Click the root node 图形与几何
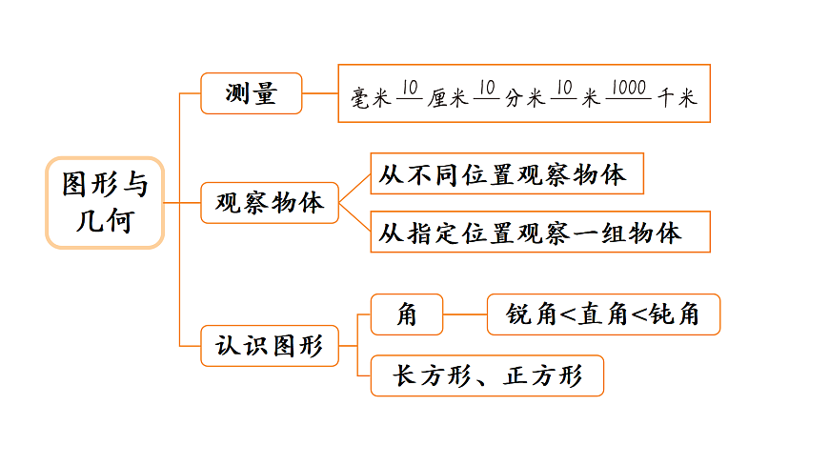pyautogui.click(x=105, y=203)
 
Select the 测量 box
pyautogui.click(x=251, y=93)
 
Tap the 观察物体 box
pyautogui.click(x=270, y=203)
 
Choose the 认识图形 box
pyautogui.click(x=270, y=345)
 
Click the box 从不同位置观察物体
pyautogui.click(x=505, y=175)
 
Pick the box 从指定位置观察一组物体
pyautogui.click(x=539, y=232)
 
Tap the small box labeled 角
pyautogui.click(x=407, y=314)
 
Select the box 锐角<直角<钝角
pyautogui.click(x=603, y=314)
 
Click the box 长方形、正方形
pyautogui.click(x=487, y=375)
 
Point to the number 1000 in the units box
pyautogui.click(x=627, y=89)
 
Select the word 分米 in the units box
pyautogui.click(x=524, y=97)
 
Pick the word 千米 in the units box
pyautogui.click(x=677, y=97)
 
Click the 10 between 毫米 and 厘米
pyautogui.click(x=410, y=89)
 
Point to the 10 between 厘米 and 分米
pyautogui.click(x=486, y=89)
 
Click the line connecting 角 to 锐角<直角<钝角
pyautogui.click(x=465, y=314)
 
